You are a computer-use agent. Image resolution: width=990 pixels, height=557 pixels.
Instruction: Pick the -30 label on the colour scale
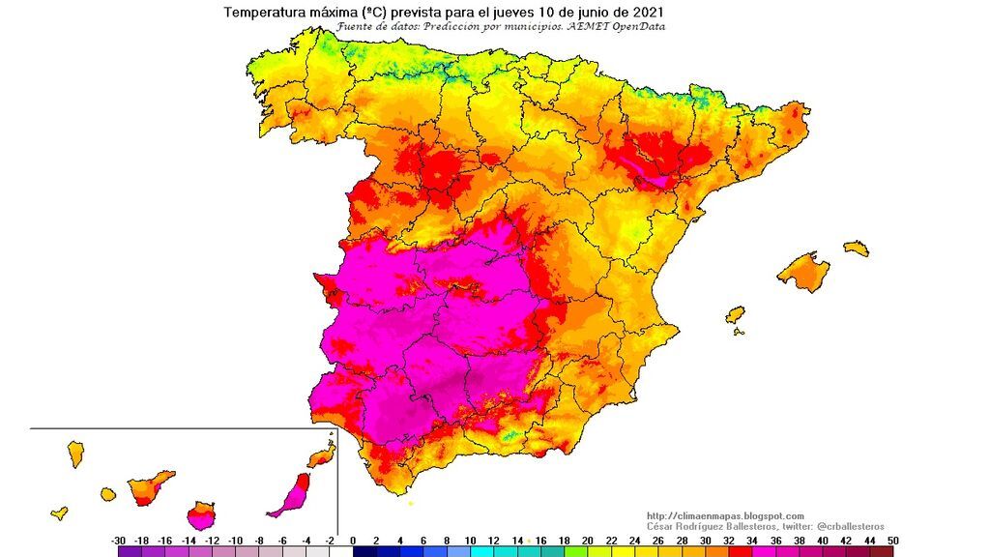pyautogui.click(x=119, y=541)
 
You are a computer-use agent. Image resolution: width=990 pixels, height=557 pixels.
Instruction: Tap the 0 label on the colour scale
pyautogui.click(x=353, y=541)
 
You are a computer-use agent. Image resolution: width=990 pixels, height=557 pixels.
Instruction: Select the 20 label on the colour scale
pyautogui.click(x=586, y=541)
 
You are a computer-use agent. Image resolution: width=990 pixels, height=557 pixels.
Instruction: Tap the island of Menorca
pyautogui.click(x=857, y=249)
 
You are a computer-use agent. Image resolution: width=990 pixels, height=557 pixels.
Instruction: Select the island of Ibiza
pyautogui.click(x=736, y=315)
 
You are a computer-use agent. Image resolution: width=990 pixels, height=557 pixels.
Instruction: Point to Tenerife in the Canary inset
pyautogui.click(x=149, y=486)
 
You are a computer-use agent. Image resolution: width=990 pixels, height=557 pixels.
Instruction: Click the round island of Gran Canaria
pyautogui.click(x=201, y=513)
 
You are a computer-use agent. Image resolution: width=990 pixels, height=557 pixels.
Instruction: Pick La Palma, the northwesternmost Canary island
pyautogui.click(x=75, y=453)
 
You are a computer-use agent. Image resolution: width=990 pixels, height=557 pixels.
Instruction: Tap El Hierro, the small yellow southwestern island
pyautogui.click(x=60, y=513)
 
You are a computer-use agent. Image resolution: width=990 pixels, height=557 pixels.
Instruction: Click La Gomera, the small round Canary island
pyautogui.click(x=107, y=494)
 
